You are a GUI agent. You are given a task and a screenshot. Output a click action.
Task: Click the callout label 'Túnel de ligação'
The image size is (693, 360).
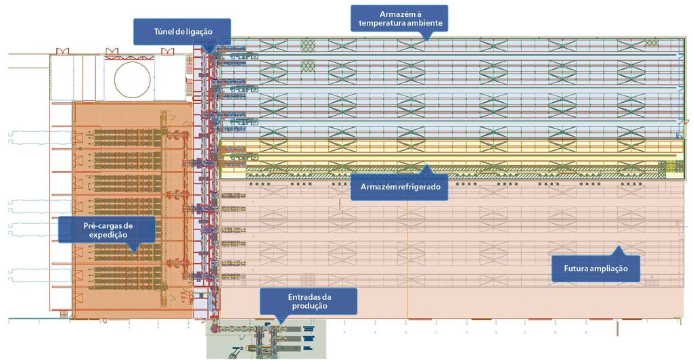(x=182, y=30)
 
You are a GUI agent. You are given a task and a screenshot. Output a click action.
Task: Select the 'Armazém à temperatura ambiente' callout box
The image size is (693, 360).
(x=399, y=18)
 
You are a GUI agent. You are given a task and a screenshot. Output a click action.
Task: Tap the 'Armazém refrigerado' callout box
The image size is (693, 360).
(x=399, y=187)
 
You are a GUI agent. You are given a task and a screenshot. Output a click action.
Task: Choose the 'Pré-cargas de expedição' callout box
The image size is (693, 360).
(x=106, y=229)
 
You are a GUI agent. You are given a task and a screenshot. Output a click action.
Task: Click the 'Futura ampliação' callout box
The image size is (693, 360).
(x=596, y=269)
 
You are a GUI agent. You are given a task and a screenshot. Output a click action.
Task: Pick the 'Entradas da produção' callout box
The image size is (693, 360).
(x=309, y=301)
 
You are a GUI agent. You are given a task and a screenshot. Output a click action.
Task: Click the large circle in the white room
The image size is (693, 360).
(x=132, y=78)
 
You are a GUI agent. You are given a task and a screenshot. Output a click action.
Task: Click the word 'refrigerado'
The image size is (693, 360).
(x=417, y=187)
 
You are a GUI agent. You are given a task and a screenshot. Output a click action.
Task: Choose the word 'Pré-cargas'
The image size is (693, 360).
(x=106, y=224)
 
